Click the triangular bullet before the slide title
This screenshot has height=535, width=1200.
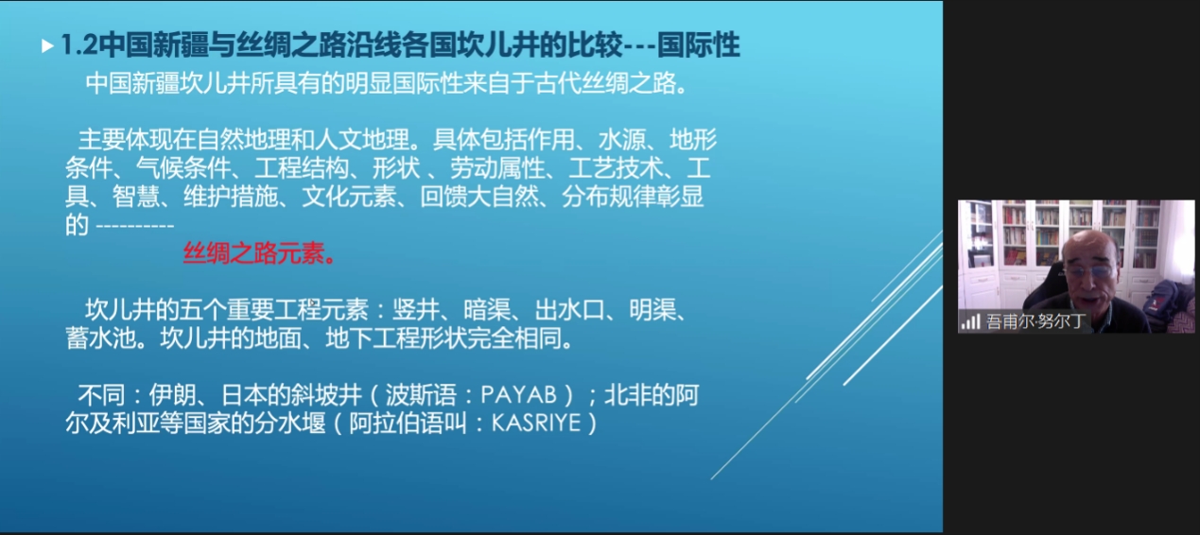tap(47, 46)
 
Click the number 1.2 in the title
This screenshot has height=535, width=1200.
tap(79, 45)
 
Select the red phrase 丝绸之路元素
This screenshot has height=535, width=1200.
tap(254, 253)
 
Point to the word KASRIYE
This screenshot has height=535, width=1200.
tap(536, 423)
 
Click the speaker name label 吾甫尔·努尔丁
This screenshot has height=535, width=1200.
tap(1036, 321)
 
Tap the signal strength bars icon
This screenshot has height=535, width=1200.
tap(970, 322)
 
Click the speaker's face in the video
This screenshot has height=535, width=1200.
tap(1090, 275)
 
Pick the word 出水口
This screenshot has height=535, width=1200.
tap(569, 310)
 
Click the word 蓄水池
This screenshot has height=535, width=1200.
tap(101, 338)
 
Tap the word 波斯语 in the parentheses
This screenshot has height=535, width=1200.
tap(421, 395)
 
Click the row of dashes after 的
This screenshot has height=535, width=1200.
tap(135, 226)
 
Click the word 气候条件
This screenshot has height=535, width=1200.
tap(183, 168)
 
